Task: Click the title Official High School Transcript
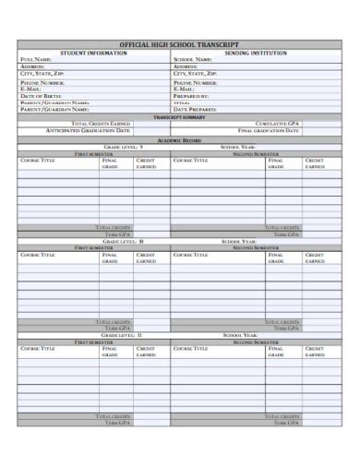[x=179, y=44]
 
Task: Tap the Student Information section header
[x=93, y=53]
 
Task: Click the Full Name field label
[x=36, y=60]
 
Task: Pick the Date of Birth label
[x=42, y=96]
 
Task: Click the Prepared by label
[x=191, y=96]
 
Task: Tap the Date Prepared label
[x=194, y=109]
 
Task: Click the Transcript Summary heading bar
[x=179, y=117]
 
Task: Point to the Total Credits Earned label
[x=101, y=124]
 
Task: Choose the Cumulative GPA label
[x=278, y=124]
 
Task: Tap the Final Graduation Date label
[x=269, y=131]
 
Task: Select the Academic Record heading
[x=179, y=139]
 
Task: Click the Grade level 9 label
[x=123, y=147]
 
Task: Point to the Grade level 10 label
[x=123, y=241]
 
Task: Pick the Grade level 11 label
[x=123, y=335]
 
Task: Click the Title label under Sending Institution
[x=181, y=102]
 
